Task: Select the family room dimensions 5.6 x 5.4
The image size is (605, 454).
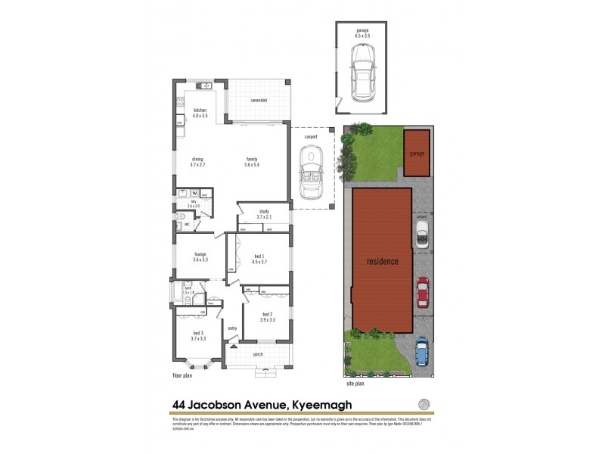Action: (x=252, y=163)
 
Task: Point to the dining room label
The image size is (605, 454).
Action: (x=197, y=158)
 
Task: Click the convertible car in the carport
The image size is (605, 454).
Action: (x=311, y=170)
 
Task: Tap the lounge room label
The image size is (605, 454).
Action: (x=200, y=255)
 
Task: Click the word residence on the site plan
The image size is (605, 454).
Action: (x=382, y=261)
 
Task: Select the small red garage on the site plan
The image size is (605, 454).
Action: (x=415, y=152)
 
